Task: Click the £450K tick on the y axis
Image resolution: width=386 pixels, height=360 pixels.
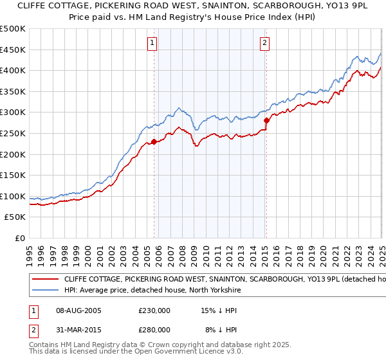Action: (x=13, y=50)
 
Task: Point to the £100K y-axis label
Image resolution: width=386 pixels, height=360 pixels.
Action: (x=13, y=196)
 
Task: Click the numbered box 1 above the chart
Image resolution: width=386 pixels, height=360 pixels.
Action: (x=153, y=44)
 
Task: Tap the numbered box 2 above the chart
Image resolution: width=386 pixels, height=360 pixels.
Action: (x=265, y=44)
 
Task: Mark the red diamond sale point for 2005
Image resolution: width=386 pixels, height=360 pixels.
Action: (x=154, y=141)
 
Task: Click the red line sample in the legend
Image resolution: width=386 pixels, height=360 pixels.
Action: (x=44, y=280)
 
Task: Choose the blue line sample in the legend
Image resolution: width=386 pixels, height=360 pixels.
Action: (x=44, y=291)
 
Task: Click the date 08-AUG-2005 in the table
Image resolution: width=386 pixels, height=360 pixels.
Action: (x=79, y=310)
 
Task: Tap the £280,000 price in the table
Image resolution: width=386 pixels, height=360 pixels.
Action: (x=154, y=329)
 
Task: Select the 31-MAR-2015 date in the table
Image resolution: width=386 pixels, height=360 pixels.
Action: (x=79, y=329)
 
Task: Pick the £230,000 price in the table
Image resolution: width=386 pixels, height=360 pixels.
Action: (x=154, y=310)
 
